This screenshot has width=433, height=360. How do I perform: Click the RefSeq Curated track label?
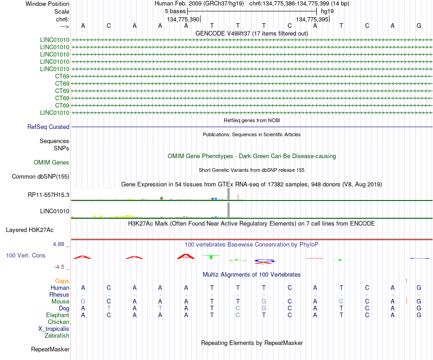(x=48, y=127)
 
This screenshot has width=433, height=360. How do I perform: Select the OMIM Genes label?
(x=52, y=162)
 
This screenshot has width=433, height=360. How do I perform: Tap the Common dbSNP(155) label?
(x=41, y=177)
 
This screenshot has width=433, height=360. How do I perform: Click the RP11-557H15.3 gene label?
(x=49, y=195)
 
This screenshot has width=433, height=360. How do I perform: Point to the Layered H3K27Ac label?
(x=30, y=230)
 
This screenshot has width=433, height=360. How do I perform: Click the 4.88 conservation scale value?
(x=58, y=244)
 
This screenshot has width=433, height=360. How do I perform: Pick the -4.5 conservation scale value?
(x=59, y=267)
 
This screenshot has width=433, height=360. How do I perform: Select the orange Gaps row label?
(x=62, y=281)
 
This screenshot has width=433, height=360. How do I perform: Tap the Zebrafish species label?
(x=57, y=336)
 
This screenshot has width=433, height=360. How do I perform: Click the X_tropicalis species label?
(x=54, y=329)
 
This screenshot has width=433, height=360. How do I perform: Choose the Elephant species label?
(x=57, y=315)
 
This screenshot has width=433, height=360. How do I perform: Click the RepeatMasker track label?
(x=50, y=350)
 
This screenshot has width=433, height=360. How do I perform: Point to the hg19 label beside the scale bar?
(x=327, y=11)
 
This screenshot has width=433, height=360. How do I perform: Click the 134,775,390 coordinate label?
(x=183, y=19)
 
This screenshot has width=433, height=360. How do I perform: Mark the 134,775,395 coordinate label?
(x=312, y=19)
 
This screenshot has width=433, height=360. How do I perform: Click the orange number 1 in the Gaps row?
(x=406, y=281)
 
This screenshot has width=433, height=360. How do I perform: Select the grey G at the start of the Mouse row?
(x=83, y=302)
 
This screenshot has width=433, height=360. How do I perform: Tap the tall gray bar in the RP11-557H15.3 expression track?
(x=229, y=194)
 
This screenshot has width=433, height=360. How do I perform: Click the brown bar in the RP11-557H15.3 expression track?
(x=161, y=198)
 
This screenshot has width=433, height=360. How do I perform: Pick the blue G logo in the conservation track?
(x=264, y=261)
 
